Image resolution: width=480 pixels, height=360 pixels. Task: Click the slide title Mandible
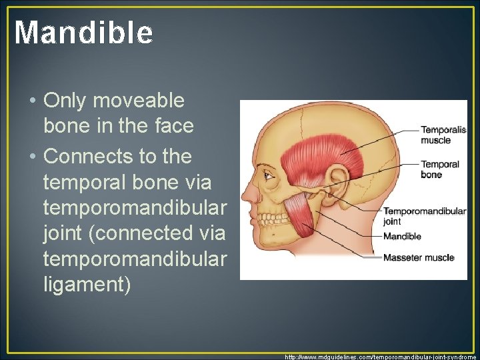tap(83, 32)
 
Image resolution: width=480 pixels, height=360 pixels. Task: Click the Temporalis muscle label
tap(435, 135)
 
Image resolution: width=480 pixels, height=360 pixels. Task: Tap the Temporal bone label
tap(439, 169)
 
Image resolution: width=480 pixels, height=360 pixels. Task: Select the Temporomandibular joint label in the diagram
tap(424, 215)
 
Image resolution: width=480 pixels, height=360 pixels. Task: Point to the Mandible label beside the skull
tap(402, 236)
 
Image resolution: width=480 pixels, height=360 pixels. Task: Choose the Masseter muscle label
tap(418, 257)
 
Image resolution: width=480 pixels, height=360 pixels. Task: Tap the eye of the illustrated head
tap(268, 176)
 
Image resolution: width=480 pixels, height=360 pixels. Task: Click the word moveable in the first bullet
tap(139, 101)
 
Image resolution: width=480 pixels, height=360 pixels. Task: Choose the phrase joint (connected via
tap(133, 234)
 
